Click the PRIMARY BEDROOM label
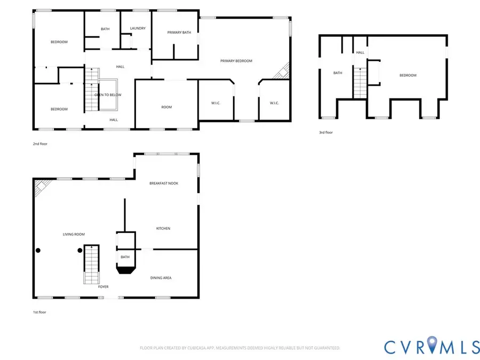(x=236, y=61)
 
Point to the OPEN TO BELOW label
(x=108, y=94)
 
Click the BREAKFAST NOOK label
(x=164, y=183)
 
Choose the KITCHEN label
(x=163, y=228)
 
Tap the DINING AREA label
(x=161, y=278)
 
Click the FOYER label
(x=103, y=287)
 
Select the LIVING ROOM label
(x=74, y=234)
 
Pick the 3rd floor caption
(x=325, y=132)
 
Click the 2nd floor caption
(x=40, y=144)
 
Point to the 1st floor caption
(x=39, y=312)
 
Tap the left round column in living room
(x=38, y=250)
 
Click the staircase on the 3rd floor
(x=361, y=83)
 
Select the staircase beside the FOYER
(x=92, y=265)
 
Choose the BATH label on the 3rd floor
(x=338, y=73)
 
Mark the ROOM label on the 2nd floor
(x=166, y=107)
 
